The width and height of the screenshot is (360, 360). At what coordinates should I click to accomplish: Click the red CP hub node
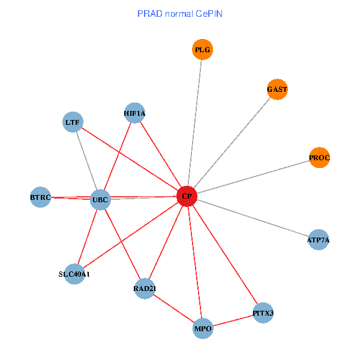coord(187,196)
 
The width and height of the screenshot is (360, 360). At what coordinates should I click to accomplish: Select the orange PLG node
coord(203,50)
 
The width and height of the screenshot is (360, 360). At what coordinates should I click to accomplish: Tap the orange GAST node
coord(277,89)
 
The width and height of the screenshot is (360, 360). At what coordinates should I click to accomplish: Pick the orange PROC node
coord(319,158)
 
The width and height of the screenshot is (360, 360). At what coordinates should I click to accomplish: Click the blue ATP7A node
coord(318,240)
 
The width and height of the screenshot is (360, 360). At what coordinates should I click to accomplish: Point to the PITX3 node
coord(263,313)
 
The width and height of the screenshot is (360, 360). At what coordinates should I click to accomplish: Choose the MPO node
coord(203,329)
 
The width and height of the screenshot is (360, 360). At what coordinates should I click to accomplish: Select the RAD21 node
coord(145,289)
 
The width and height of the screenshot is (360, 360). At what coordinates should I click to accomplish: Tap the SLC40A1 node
coord(74,274)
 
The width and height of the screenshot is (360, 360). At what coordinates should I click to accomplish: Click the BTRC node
coord(41,197)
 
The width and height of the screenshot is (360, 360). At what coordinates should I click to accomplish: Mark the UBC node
coord(100,199)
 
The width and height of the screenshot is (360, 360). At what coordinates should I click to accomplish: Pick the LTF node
coord(73,122)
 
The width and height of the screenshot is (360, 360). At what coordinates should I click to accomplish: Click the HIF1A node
coord(134,113)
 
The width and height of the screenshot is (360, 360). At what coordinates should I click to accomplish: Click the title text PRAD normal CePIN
coord(180,13)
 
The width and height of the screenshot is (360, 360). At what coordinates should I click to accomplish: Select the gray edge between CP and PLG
coord(195,123)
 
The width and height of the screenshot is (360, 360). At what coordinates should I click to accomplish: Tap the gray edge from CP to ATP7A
coord(253,218)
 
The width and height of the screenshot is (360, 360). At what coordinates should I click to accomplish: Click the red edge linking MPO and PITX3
coord(233,321)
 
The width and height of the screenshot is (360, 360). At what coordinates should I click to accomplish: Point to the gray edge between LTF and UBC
coord(86,161)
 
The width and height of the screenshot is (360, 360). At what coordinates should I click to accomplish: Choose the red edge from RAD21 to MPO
coord(174,309)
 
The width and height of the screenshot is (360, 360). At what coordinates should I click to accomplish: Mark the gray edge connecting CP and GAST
coord(232,143)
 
